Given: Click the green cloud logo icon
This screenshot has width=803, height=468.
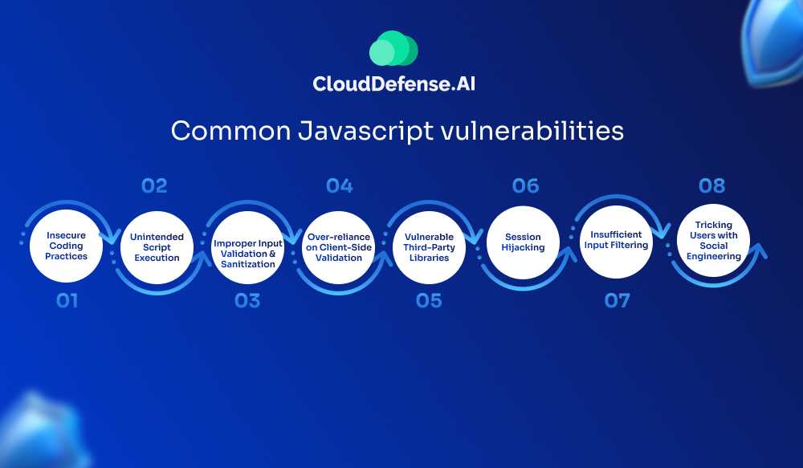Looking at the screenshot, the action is click(x=393, y=48).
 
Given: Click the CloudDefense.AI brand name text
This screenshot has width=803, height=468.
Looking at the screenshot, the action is click(x=393, y=84).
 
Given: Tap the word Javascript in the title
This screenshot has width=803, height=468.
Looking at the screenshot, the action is click(x=365, y=131).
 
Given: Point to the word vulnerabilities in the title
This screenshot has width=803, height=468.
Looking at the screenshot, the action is click(x=532, y=131).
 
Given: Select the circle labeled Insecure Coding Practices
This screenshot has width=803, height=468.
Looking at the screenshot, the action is click(x=66, y=246).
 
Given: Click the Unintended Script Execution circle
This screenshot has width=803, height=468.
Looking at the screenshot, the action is click(x=157, y=247).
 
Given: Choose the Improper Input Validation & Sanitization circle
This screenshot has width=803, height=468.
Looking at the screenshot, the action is click(x=248, y=247).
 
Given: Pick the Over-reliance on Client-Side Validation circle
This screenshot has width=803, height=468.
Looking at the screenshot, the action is click(x=339, y=247).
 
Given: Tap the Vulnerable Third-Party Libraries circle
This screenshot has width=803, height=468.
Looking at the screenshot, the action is click(x=429, y=247).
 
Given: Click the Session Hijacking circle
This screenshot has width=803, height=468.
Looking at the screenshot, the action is click(x=523, y=242).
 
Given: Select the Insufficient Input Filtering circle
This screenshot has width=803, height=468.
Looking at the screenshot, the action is click(x=616, y=242).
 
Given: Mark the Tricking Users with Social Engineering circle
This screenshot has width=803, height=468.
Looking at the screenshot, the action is click(x=713, y=241).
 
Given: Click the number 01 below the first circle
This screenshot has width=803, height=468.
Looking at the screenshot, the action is click(x=67, y=300).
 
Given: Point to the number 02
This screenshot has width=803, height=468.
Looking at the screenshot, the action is click(x=154, y=185).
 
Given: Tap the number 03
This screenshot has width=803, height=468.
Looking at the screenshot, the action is click(x=247, y=300).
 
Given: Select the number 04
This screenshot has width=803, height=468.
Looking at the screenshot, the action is click(x=340, y=185).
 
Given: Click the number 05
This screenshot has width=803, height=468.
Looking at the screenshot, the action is click(x=429, y=300).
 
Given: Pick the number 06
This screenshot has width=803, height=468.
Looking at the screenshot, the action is click(x=525, y=185).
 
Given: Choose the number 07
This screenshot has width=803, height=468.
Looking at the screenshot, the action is click(x=617, y=300).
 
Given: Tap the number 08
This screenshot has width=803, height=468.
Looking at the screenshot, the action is click(x=711, y=185).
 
